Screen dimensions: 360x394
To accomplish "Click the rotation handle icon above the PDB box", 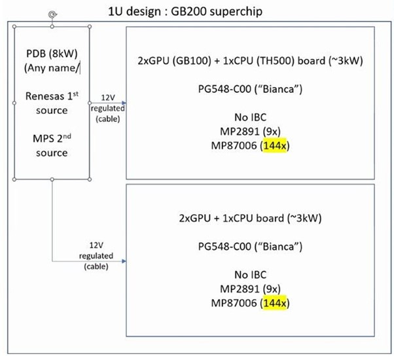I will (52, 14).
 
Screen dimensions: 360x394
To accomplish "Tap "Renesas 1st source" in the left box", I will (52, 103).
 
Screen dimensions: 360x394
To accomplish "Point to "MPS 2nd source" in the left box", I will (52, 146).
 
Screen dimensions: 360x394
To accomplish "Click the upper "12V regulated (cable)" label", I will (105, 105).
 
